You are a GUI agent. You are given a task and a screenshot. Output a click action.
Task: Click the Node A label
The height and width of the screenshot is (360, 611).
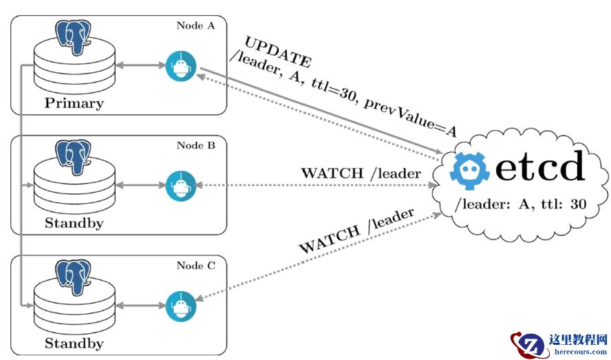coord(195,26)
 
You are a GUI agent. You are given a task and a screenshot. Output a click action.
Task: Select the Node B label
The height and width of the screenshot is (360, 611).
coord(196,145)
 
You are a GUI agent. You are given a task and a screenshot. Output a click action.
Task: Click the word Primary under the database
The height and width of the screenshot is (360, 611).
coord(74,104)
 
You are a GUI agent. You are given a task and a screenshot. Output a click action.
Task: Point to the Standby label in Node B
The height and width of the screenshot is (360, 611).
coord(74,223)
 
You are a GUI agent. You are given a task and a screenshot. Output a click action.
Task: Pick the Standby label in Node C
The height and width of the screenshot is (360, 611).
coord(74,343)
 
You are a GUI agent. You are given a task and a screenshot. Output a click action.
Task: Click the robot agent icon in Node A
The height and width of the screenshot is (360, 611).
coord(181,66)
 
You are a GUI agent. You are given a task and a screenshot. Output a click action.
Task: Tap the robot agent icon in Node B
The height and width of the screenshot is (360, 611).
coord(181,186)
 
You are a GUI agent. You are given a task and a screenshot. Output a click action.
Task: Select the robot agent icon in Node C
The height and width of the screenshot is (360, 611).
coord(181,306)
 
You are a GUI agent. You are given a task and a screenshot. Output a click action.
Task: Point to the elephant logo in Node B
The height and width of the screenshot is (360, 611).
coord(74,156)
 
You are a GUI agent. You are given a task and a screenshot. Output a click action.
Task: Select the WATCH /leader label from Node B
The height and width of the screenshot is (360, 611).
coord(360,173)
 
